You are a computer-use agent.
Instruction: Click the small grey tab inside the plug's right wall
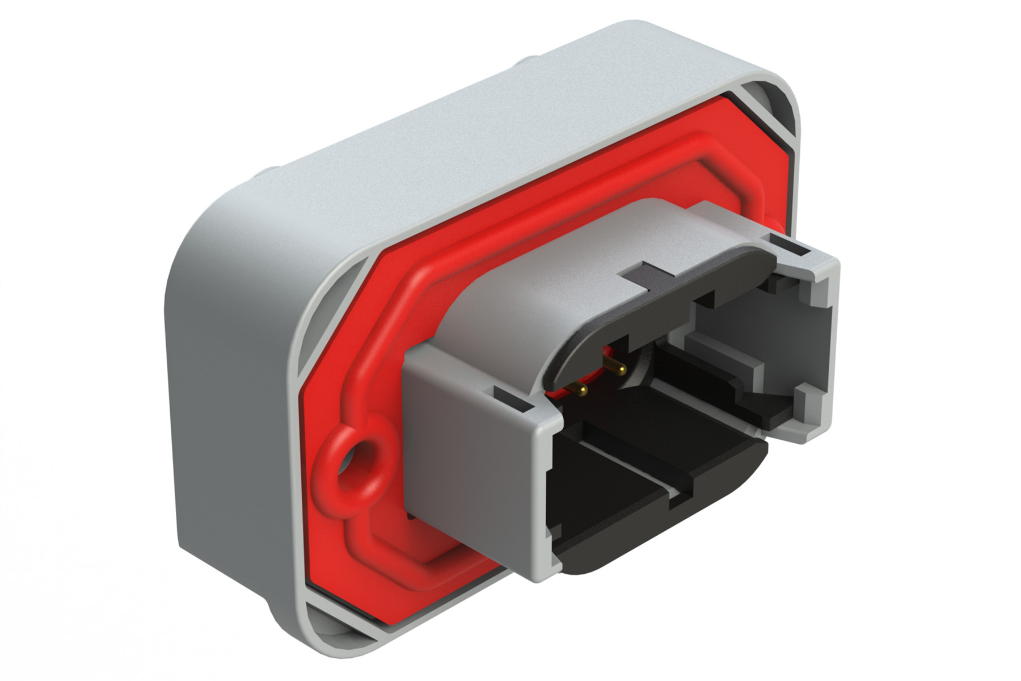[x=806, y=400]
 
